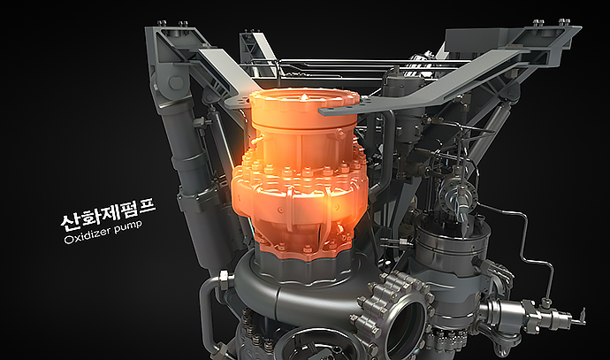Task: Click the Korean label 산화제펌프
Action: (x=108, y=213)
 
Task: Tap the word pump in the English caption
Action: (x=129, y=227)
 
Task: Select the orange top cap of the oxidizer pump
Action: (x=304, y=108)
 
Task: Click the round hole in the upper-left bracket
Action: (x=176, y=82)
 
